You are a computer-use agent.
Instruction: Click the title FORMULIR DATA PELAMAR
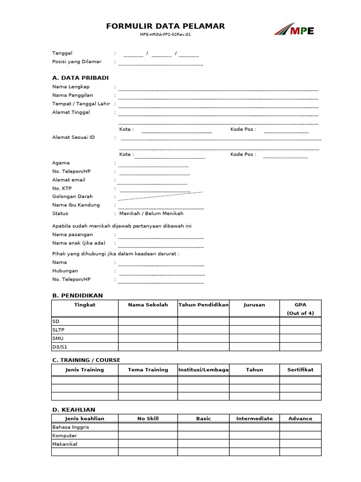pyautogui.click(x=165, y=26)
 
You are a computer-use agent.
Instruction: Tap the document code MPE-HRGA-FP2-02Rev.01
pyautogui.click(x=165, y=35)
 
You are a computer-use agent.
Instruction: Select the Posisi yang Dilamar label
pyautogui.click(x=77, y=62)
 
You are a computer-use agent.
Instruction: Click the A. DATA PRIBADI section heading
pyautogui.click(x=80, y=78)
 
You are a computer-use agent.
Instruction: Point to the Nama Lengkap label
pyautogui.click(x=71, y=87)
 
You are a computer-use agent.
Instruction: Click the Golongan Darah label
pyautogui.click(x=72, y=196)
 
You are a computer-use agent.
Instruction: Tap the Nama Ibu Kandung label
pyautogui.click(x=76, y=205)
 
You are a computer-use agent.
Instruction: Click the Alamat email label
pyautogui.click(x=69, y=180)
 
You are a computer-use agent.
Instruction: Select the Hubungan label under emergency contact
pyautogui.click(x=65, y=271)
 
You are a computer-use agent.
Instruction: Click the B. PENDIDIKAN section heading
pyautogui.click(x=77, y=296)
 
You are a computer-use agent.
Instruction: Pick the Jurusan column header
pyautogui.click(x=254, y=305)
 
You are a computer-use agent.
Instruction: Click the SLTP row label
pyautogui.click(x=58, y=329)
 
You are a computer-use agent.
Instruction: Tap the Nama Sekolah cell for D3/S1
pyautogui.click(x=148, y=347)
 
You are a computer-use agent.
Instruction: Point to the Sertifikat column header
pyautogui.click(x=300, y=370)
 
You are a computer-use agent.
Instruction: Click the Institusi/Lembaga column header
pyautogui.click(x=203, y=370)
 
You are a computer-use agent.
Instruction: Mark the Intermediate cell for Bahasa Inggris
pyautogui.click(x=254, y=427)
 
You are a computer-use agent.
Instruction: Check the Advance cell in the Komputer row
pyautogui.click(x=300, y=435)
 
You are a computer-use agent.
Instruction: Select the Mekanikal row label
pyautogui.click(x=65, y=444)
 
